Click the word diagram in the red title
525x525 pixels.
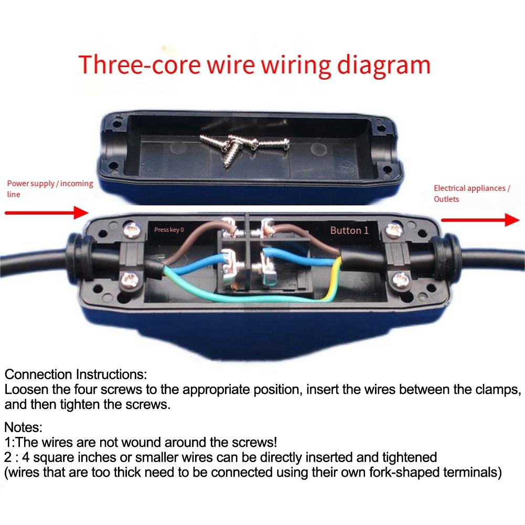coord(385,65)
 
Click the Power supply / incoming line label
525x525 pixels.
coord(49,189)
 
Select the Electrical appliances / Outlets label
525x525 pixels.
coord(471,194)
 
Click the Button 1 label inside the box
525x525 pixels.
coord(349,230)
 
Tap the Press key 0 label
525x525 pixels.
coord(169,230)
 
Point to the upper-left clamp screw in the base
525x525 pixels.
coord(130,228)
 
